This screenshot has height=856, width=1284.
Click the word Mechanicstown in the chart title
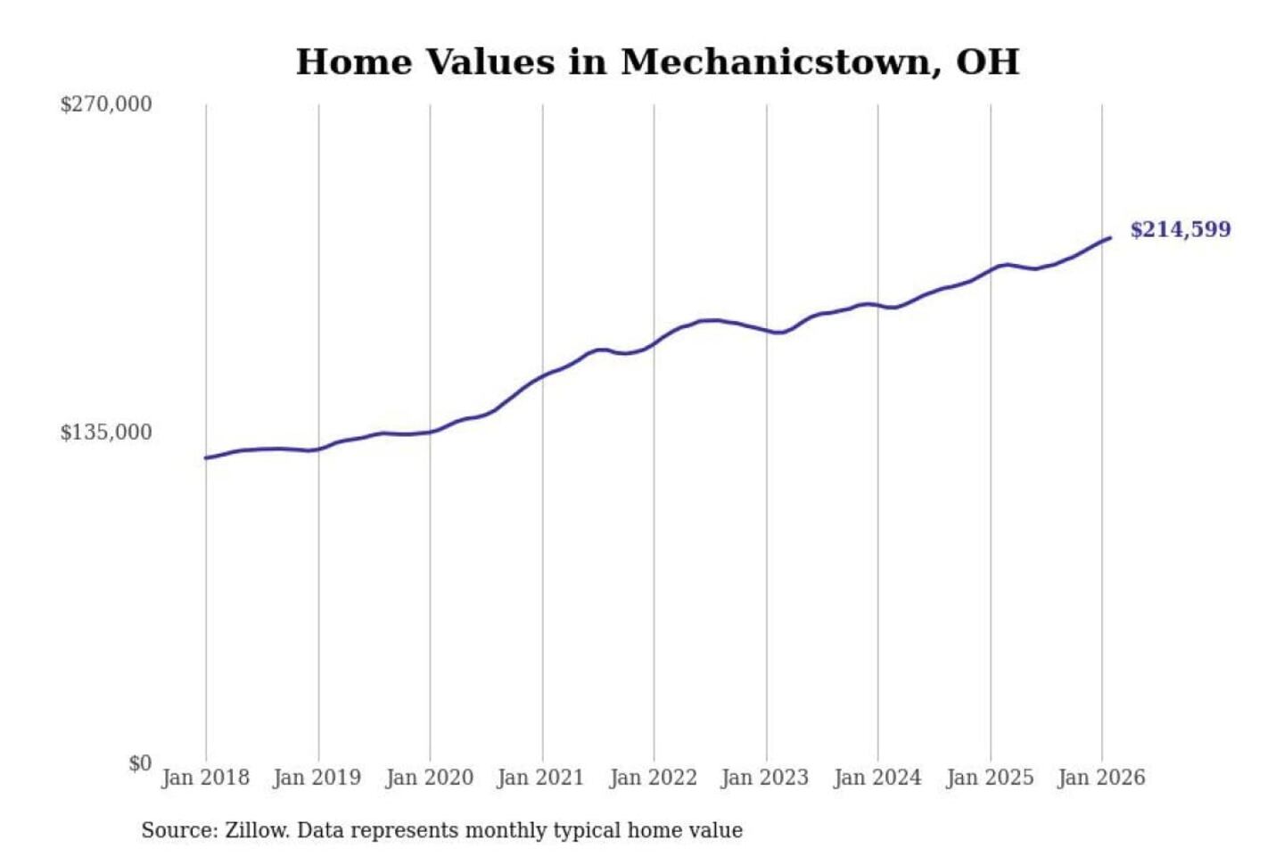click(x=775, y=62)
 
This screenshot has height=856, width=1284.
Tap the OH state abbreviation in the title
click(x=987, y=62)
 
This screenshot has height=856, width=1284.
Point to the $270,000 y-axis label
click(x=106, y=104)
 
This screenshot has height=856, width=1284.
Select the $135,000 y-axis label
click(x=106, y=432)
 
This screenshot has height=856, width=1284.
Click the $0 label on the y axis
click(x=140, y=763)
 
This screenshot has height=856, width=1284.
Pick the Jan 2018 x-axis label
click(x=205, y=778)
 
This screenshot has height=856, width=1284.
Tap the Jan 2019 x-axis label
click(x=317, y=778)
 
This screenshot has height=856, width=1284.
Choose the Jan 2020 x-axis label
click(x=429, y=778)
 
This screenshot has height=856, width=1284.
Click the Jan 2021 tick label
click(x=540, y=778)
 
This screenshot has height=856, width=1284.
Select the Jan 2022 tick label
click(x=653, y=778)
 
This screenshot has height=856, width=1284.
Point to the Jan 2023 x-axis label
click(x=765, y=778)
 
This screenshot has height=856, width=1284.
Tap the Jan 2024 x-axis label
click(x=877, y=778)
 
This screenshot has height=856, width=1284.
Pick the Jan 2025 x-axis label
click(x=990, y=778)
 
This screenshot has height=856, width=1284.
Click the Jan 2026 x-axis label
click(x=1101, y=778)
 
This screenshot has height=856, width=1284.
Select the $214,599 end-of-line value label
click(x=1181, y=230)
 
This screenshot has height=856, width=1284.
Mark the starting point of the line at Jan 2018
click(x=206, y=458)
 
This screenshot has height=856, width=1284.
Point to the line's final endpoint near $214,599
click(x=1110, y=237)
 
